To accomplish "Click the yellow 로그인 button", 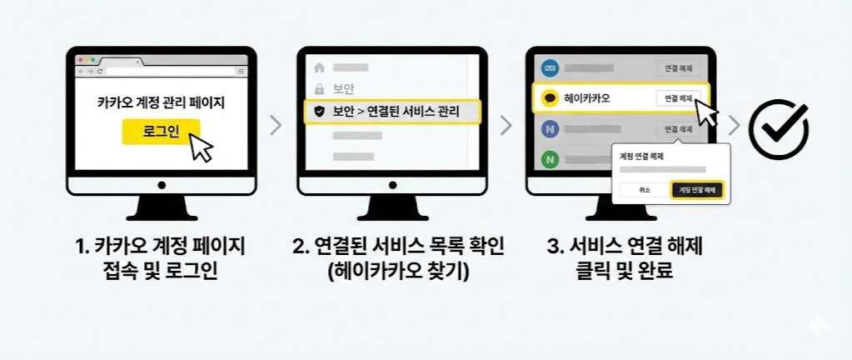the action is coord(161,132).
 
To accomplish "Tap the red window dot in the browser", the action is coord(81,61).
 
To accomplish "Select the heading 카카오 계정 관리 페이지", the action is coord(161,104).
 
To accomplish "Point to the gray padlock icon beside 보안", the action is coord(318,88).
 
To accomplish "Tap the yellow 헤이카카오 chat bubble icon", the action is coord(550,98).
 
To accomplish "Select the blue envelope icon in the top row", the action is coord(549,67).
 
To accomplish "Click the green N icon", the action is coord(550,157).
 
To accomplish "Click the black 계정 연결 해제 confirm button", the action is coord(697,190).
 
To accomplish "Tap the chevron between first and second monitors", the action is coord(276,126).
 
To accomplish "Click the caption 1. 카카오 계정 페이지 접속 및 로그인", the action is coord(162,258).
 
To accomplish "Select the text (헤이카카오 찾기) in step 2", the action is coord(392,271).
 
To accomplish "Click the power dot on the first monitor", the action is coord(161,184).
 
